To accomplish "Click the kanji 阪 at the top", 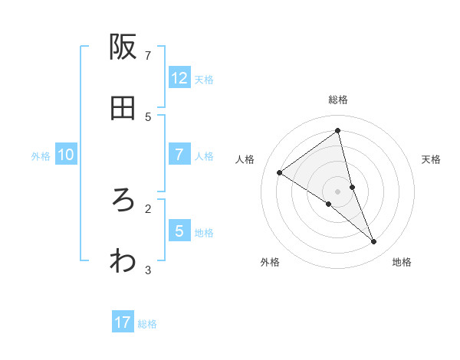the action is tap(123, 47).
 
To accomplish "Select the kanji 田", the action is tap(123, 109).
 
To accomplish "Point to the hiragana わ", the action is tap(123, 261).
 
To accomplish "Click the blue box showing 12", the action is tap(179, 78).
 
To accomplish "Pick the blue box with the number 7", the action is tap(179, 155).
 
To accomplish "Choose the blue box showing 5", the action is tap(179, 231).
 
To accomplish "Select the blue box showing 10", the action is tap(66, 155).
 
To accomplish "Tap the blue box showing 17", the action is tap(123, 322).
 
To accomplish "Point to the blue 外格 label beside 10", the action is tap(41, 156).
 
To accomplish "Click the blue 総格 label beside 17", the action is tap(147, 324).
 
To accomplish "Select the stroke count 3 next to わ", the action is tap(148, 270).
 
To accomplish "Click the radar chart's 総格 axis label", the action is tap(338, 100).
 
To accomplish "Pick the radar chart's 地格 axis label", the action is tap(402, 262).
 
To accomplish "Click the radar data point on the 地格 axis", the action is tap(374, 242).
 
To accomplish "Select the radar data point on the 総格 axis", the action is tap(338, 131).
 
